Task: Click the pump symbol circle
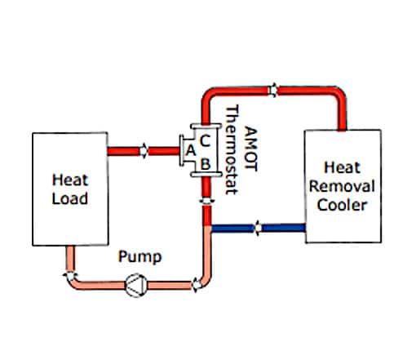coord(136,285)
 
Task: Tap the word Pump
coord(140,257)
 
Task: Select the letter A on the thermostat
coord(190,150)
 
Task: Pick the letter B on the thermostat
coord(206,164)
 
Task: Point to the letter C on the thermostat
coord(205,140)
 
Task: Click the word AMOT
coord(250,149)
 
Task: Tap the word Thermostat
coord(232,149)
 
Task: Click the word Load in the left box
coord(70,198)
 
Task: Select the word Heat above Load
coord(70,180)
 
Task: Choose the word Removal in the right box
coord(342,186)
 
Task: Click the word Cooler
coord(342,205)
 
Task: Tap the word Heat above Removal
coord(343,167)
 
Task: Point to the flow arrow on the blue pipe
coord(258,228)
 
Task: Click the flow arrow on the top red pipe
coord(273,90)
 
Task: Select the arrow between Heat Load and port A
coord(144,150)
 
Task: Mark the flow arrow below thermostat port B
coord(207,201)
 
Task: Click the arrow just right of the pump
coord(197,285)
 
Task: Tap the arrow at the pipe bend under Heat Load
coord(70,276)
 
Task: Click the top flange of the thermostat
coord(206,127)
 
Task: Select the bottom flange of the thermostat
coord(206,175)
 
